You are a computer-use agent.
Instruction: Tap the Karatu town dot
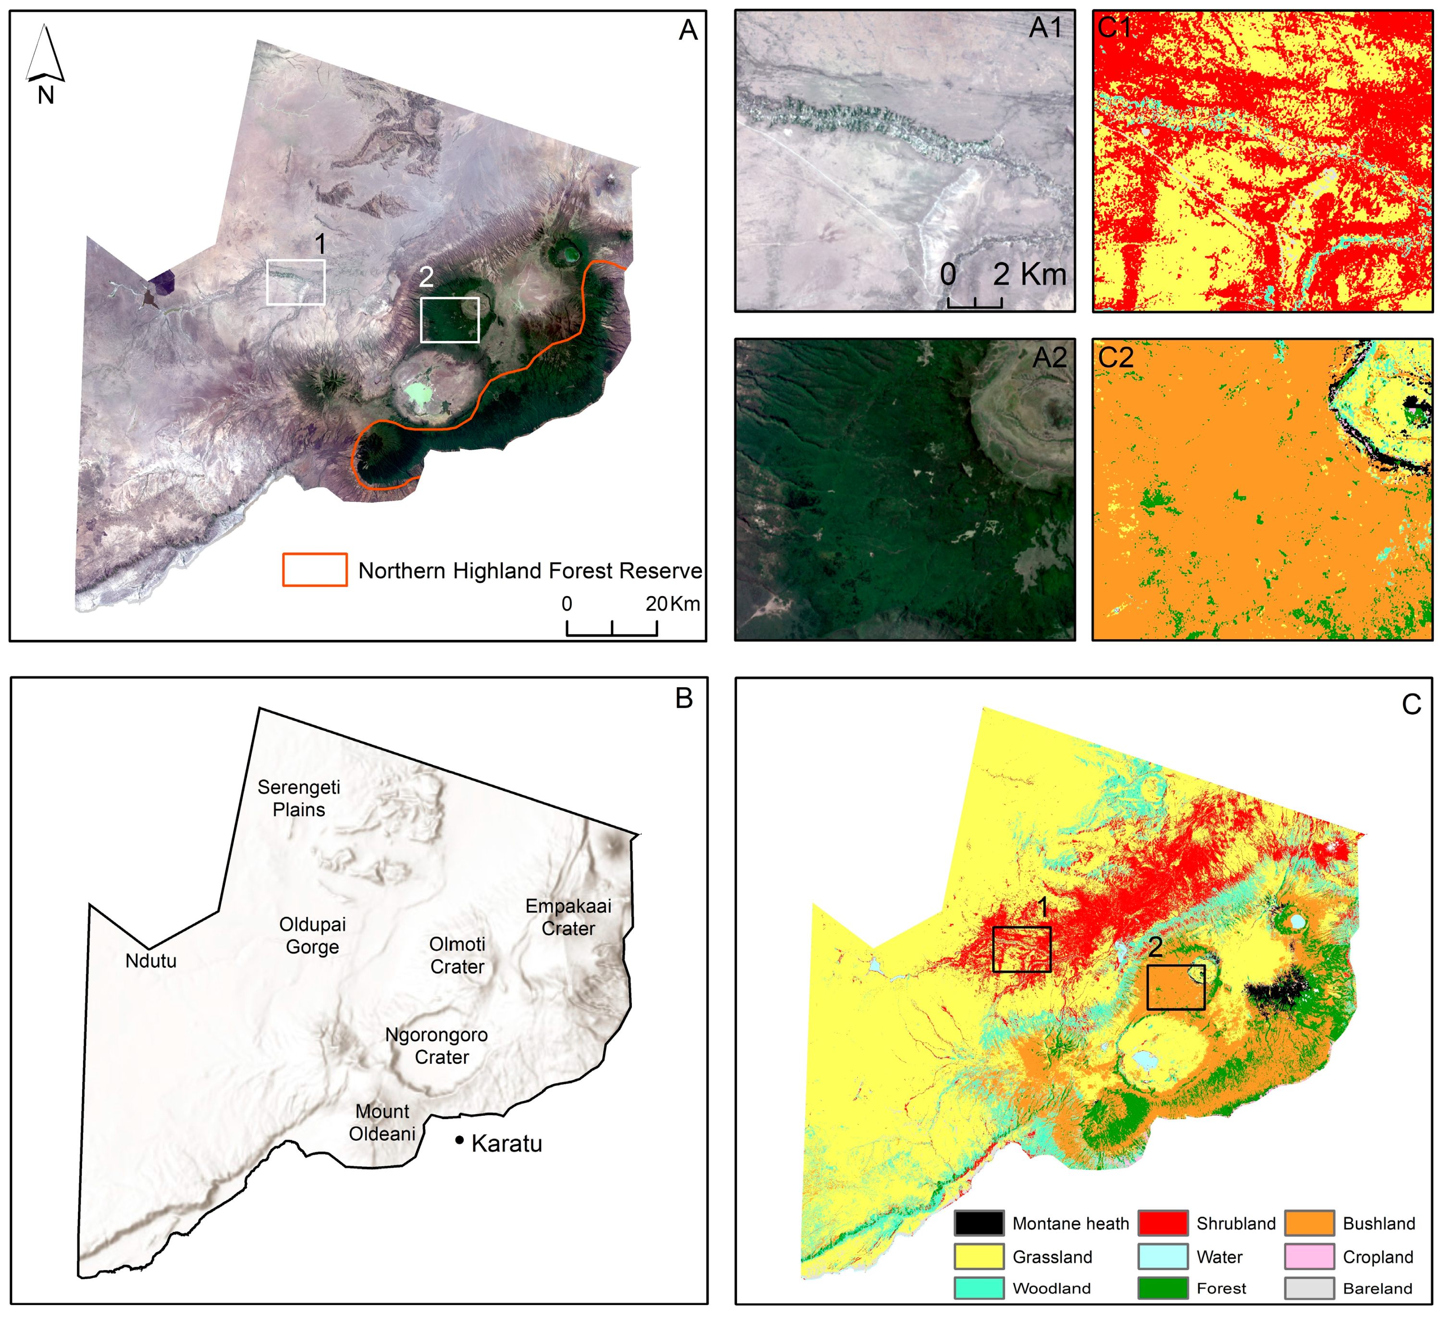[459, 1140]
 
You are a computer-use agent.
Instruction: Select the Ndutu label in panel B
[150, 961]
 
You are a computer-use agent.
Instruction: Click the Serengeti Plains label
[299, 798]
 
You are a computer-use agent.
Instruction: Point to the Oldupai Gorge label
[312, 936]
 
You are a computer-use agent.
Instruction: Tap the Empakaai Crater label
[568, 917]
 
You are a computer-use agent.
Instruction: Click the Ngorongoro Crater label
[437, 1046]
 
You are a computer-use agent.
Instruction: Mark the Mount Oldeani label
[382, 1123]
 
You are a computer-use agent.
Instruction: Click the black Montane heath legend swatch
[979, 1223]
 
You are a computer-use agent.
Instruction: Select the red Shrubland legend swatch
[1163, 1223]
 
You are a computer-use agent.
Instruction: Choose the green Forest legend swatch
[1163, 1288]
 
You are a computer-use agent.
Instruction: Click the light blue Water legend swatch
[1163, 1257]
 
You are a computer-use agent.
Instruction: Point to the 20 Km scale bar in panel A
[612, 628]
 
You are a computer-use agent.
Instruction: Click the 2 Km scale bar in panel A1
[974, 303]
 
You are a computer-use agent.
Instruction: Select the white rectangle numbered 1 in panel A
[296, 282]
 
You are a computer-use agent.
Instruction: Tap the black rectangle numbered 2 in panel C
[1176, 987]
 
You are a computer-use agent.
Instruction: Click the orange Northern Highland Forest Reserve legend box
[315, 570]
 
